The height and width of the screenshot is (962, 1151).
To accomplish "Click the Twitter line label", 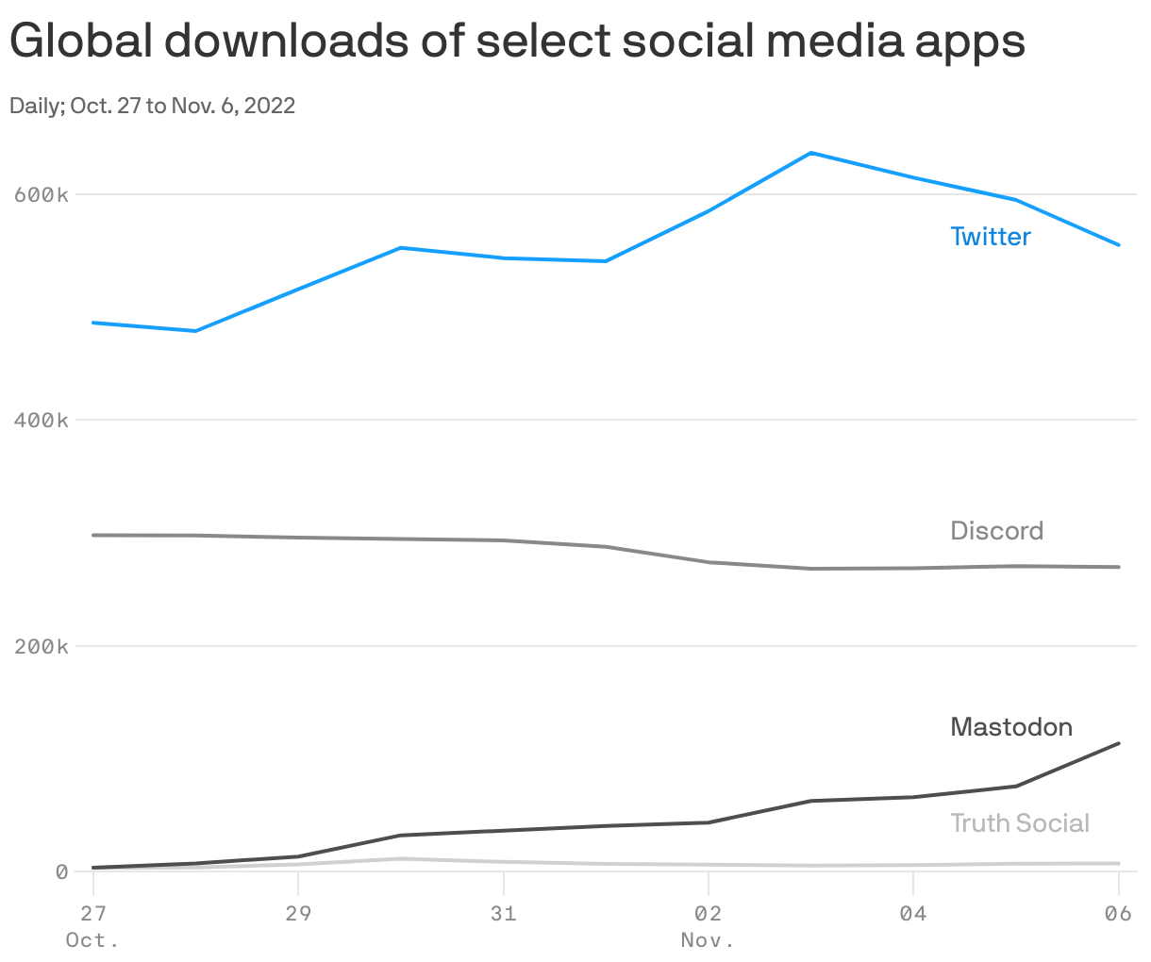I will (x=991, y=237).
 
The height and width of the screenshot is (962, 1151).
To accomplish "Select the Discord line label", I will (x=996, y=531).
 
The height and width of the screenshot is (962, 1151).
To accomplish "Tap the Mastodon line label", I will (x=1011, y=727).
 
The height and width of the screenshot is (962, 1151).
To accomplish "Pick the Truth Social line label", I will (x=1020, y=823).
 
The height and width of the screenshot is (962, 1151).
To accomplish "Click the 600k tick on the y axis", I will (x=42, y=195).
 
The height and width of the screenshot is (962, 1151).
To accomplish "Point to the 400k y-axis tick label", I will (x=42, y=421).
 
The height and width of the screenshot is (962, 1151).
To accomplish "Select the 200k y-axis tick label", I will (x=42, y=647).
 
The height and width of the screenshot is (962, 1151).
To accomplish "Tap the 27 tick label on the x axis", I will (x=93, y=913).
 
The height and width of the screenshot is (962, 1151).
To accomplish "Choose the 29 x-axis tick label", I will (x=298, y=913).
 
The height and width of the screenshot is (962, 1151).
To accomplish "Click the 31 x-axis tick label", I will (x=503, y=913).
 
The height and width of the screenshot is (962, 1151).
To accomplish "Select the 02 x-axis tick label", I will (x=708, y=913).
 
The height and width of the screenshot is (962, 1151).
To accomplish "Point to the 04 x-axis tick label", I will (x=912, y=913).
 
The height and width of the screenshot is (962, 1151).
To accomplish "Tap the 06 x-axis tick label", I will (x=1118, y=913).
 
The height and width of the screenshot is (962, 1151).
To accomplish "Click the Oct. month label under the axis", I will (x=93, y=941).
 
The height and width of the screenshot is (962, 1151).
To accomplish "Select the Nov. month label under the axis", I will (x=708, y=941).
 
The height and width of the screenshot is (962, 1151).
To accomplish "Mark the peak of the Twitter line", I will (x=811, y=153).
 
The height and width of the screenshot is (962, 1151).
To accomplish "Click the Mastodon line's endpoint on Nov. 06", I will (x=1118, y=744).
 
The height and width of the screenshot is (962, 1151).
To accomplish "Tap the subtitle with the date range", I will (x=153, y=106).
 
